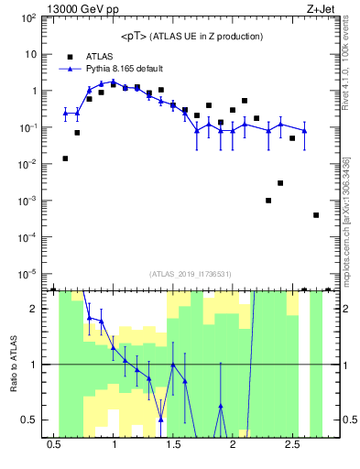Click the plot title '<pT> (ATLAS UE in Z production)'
[x=191, y=36]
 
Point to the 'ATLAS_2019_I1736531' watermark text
[x=191, y=274]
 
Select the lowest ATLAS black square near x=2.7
[x=316, y=215]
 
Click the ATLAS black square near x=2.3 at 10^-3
[x=268, y=201]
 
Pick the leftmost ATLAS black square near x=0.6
[x=65, y=158]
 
